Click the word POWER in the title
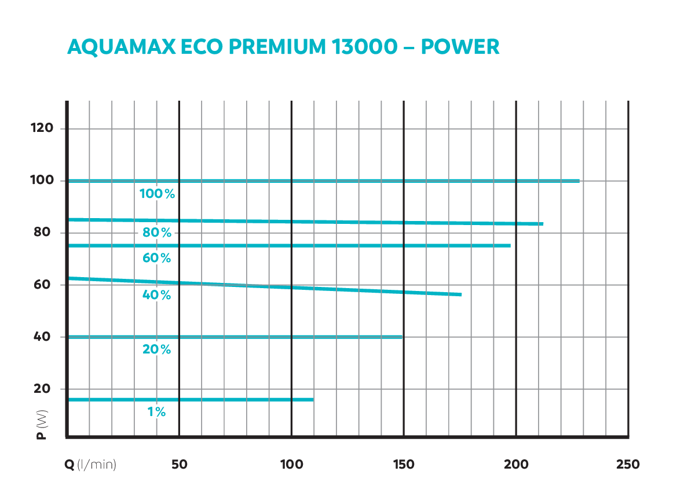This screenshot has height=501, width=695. coord(460,47)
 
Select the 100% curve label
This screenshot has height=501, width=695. coord(157,194)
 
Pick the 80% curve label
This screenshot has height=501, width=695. coord(157,233)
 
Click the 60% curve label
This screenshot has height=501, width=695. coord(157,258)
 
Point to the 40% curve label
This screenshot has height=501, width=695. coord(157,295)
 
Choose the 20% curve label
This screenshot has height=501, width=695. coord(157,349)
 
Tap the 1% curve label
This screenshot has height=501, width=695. coord(157,412)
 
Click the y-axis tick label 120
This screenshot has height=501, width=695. coord(42,128)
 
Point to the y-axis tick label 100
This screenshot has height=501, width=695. coord(42,180)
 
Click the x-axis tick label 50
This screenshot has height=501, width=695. coord(180,465)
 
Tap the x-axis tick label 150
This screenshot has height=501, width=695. coord(403,465)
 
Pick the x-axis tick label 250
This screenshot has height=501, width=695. coord(628,465)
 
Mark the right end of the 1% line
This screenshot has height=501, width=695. coord(313,399)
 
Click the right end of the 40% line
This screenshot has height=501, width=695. coord(461,294)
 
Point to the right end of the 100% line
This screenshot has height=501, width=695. coord(579,181)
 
